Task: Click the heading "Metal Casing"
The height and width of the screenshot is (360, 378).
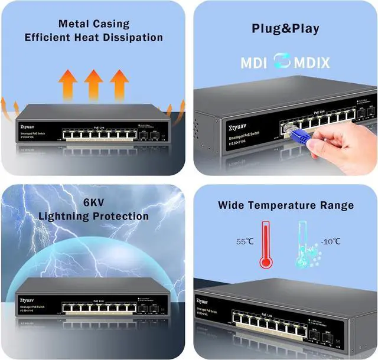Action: [x=93, y=24]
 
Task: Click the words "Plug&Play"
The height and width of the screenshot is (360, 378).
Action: [x=285, y=28]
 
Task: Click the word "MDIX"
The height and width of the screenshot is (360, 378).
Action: [x=310, y=63]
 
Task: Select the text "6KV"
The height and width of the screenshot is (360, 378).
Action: [x=93, y=202]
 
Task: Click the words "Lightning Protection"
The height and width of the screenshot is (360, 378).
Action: [x=93, y=216]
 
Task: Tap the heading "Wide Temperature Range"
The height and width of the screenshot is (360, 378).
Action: [x=285, y=205]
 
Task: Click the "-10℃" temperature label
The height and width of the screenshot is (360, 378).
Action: [x=330, y=241]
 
